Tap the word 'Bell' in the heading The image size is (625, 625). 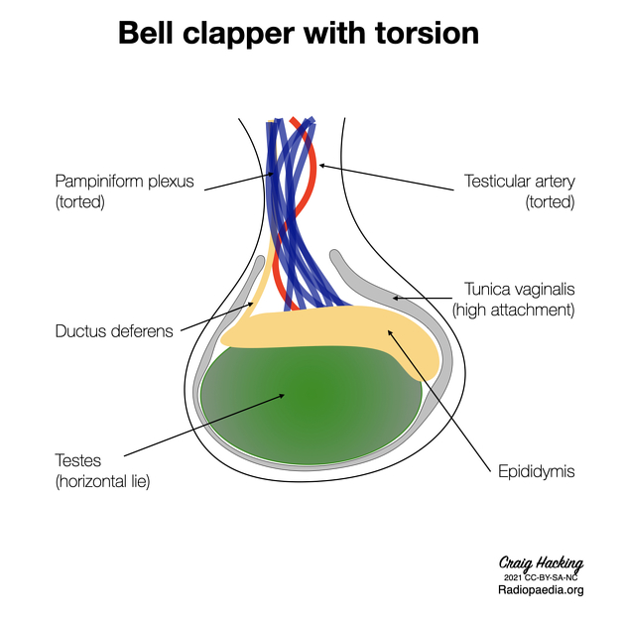(146, 33)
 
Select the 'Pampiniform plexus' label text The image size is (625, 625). (124, 182)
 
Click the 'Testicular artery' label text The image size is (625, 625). (520, 182)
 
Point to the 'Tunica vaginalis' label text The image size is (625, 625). (520, 290)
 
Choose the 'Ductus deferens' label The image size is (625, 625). (114, 331)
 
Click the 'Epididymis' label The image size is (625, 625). (537, 471)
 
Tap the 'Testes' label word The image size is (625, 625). (78, 460)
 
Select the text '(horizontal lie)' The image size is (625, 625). (103, 481)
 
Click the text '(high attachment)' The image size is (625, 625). (514, 311)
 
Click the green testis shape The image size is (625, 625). (311, 406)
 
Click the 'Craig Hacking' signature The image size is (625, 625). (541, 563)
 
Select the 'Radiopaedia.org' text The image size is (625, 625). (541, 590)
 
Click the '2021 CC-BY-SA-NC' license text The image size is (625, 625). (541, 577)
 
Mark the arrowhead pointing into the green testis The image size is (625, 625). (282, 396)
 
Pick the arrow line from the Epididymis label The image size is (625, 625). (439, 401)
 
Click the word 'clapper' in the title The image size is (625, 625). (239, 34)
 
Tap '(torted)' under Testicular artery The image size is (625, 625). (550, 202)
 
